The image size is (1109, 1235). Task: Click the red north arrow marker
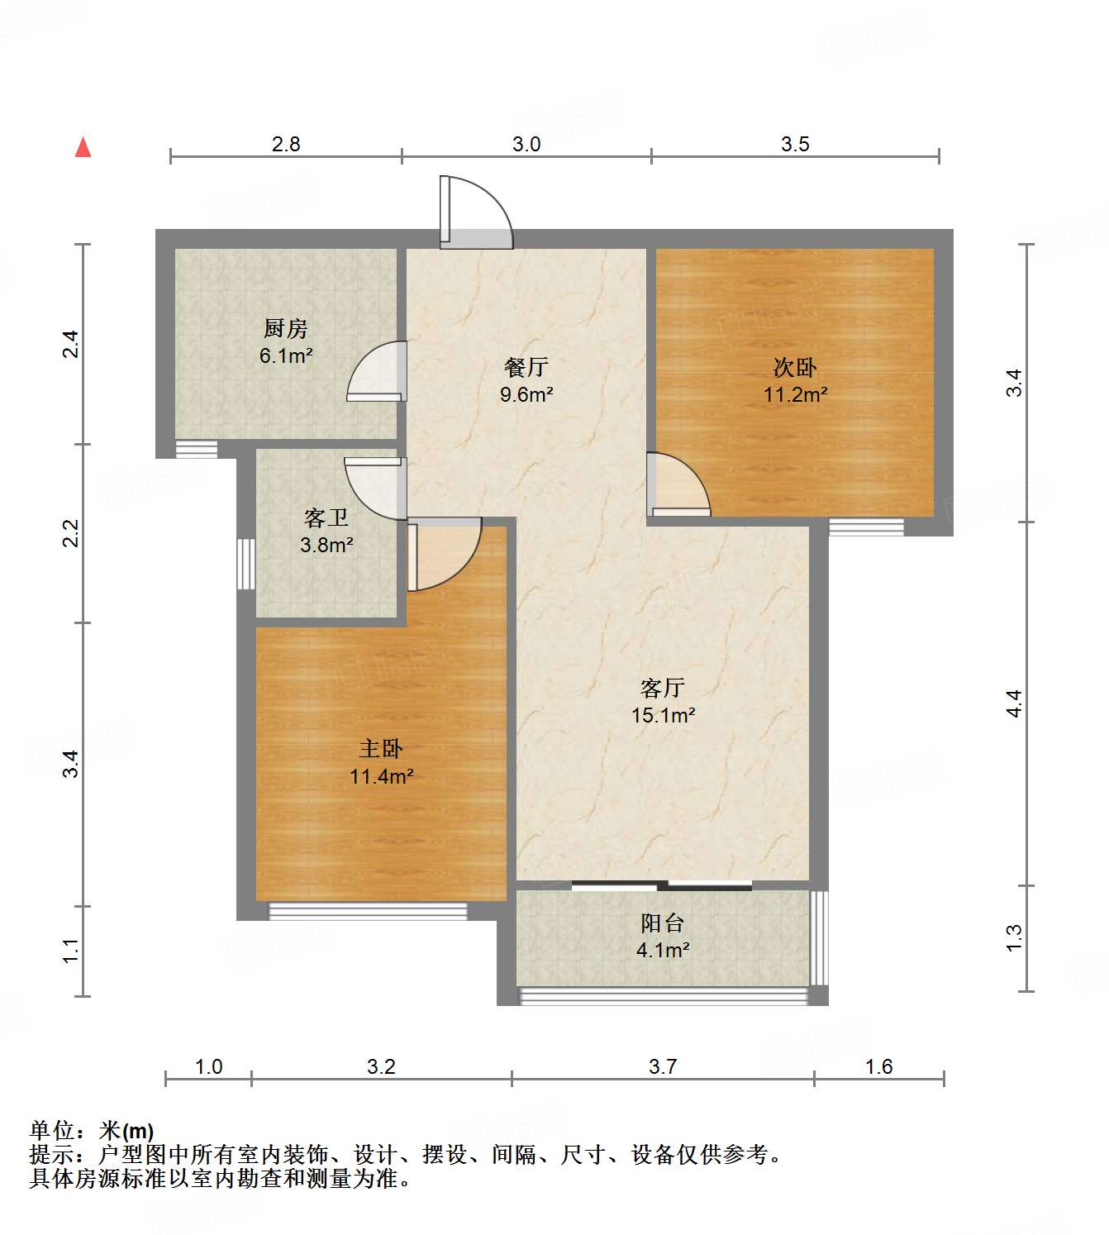coord(83,148)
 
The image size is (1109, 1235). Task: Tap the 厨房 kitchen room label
coord(285,329)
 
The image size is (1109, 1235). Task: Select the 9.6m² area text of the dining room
coord(526,394)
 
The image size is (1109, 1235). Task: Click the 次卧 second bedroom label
coord(794,367)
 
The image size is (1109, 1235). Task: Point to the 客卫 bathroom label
coord(326,518)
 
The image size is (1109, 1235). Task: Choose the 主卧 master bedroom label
coord(380,749)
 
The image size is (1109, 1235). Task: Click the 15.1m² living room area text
coord(663,715)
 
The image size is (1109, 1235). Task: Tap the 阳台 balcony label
coord(662,923)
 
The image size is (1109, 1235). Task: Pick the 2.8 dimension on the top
coord(286,144)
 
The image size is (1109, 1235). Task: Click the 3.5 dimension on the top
coord(795,144)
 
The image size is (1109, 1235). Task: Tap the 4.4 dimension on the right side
coord(1014,703)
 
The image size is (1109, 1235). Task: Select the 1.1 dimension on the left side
coord(71,951)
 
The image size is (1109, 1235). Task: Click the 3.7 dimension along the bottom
coord(663,1066)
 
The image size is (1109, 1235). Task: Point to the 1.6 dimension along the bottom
coord(878,1066)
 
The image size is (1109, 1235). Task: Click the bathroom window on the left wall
coord(245,564)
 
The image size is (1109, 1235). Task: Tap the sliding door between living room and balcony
coord(662,886)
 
